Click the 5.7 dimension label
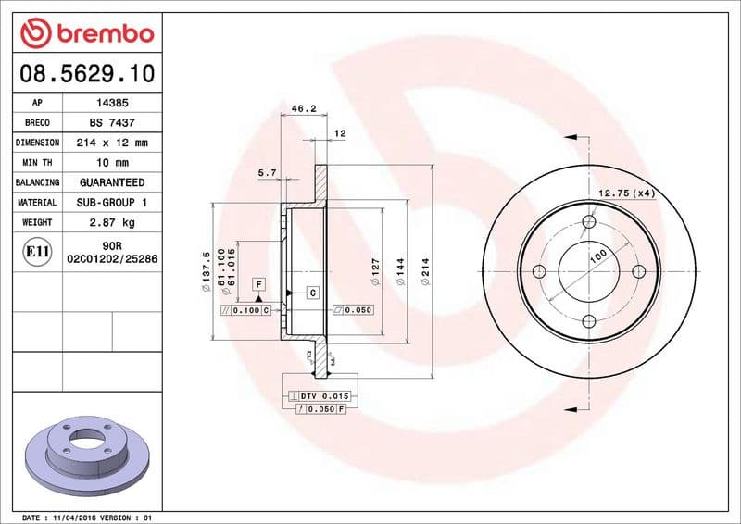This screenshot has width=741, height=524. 266,172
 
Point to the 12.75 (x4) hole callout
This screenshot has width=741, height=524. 626,193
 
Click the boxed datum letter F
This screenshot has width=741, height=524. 258,283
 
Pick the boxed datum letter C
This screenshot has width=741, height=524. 312,293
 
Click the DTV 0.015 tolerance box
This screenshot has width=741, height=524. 317,395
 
